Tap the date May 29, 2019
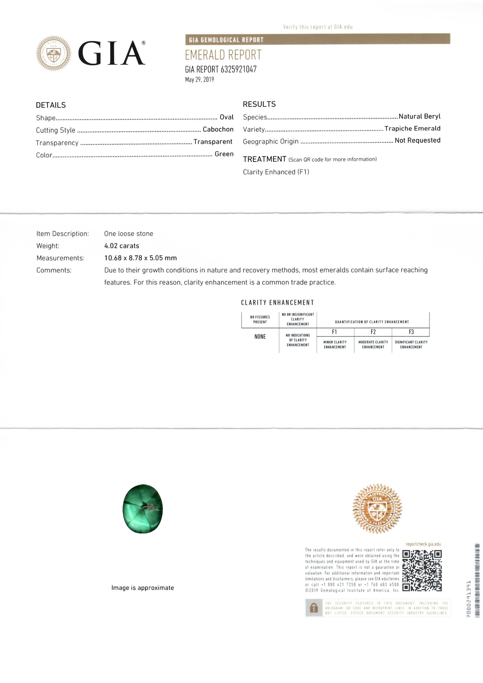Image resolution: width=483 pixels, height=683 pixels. [x=199, y=79]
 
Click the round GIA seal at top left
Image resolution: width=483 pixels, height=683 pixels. [x=54, y=54]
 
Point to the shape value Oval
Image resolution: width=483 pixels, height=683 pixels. [x=227, y=117]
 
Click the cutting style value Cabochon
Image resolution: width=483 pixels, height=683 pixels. [x=218, y=129]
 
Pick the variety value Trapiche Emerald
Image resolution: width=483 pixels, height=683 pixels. [x=412, y=129]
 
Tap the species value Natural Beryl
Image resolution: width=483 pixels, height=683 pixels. [x=419, y=116]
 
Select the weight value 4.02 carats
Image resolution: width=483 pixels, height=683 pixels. [x=122, y=246]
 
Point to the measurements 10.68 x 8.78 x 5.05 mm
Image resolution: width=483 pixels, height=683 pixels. [x=140, y=258]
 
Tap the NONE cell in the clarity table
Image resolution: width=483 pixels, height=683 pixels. [x=260, y=337]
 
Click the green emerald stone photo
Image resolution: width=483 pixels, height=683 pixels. [x=143, y=509]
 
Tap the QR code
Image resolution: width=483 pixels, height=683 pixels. [x=422, y=571]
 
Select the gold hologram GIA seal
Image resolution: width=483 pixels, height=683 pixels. [x=377, y=509]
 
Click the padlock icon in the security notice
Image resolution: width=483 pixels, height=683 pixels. [x=313, y=608]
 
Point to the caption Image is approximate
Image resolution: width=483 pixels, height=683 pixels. [x=142, y=587]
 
